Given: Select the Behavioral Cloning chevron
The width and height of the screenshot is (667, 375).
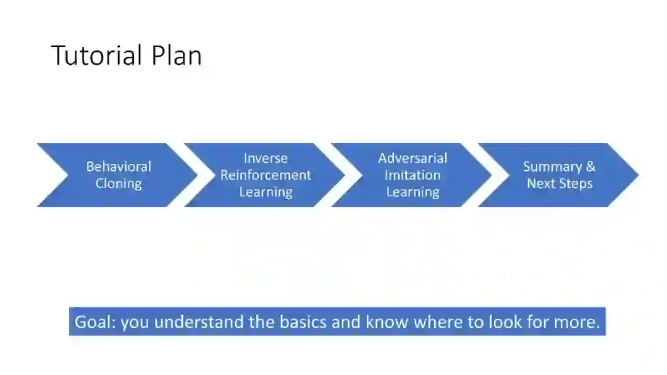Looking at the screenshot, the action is (117, 175).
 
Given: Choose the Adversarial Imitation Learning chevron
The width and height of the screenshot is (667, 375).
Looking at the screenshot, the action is (412, 175).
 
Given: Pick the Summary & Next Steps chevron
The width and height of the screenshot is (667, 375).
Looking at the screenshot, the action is (559, 175).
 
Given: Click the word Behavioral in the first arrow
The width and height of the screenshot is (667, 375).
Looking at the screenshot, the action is (119, 167).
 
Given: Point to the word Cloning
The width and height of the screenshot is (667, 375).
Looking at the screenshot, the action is (119, 184).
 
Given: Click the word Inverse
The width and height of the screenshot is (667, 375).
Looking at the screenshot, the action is (266, 158).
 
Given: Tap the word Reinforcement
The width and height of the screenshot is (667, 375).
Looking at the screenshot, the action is (266, 175).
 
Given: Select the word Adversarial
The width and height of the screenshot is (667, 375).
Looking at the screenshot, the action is (413, 158).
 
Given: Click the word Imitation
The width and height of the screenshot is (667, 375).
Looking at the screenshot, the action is (413, 175).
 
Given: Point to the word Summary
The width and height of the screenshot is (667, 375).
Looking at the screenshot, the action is (552, 167).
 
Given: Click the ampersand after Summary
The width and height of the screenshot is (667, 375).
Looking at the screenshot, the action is (590, 167).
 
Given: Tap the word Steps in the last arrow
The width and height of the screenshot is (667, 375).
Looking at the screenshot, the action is (576, 184).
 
